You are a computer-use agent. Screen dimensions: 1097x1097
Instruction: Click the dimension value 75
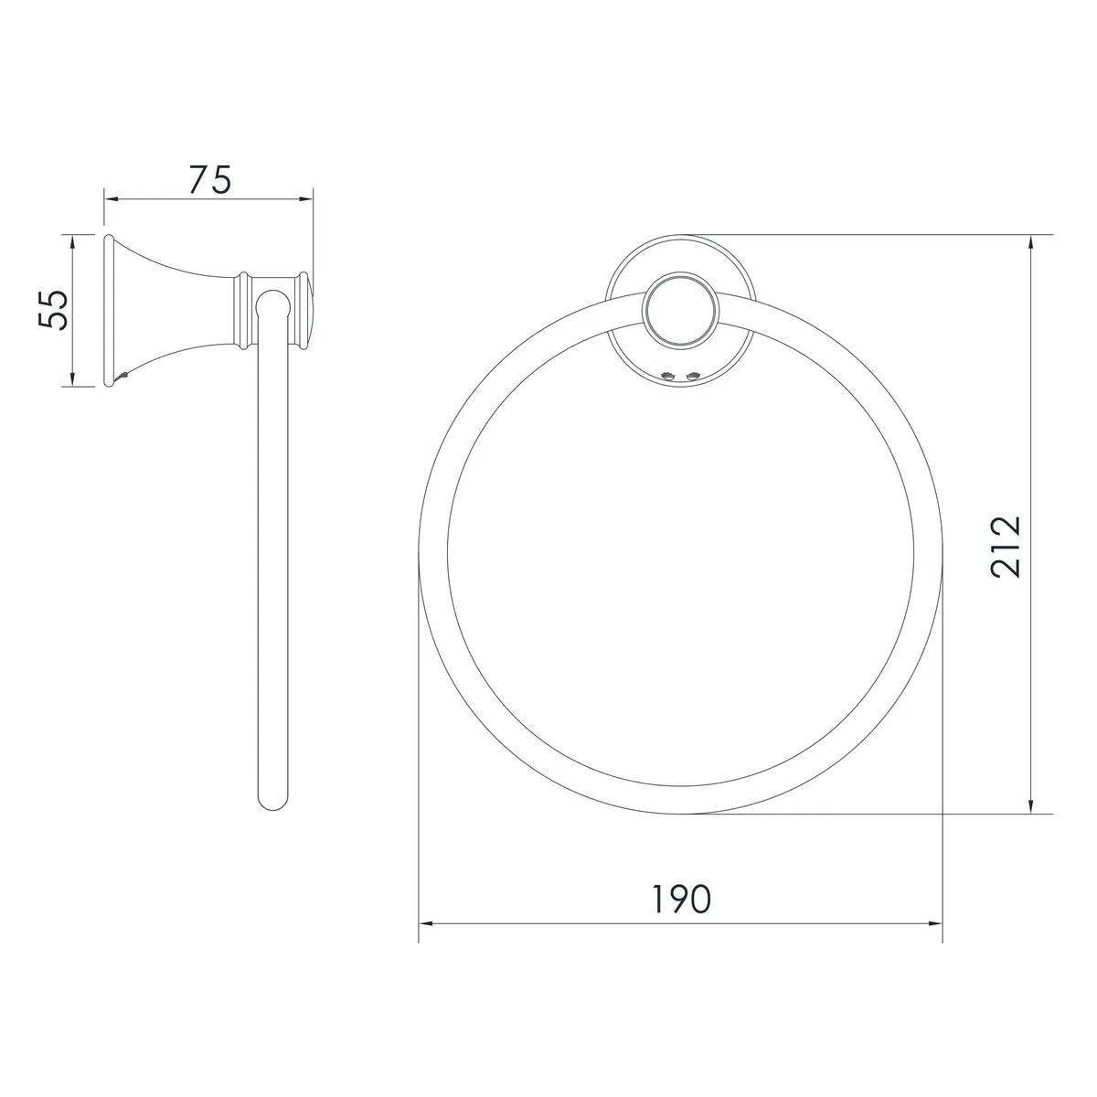210,180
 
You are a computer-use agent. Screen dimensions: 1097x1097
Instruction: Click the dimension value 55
53,310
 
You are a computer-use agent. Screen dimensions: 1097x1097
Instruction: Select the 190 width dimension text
680,899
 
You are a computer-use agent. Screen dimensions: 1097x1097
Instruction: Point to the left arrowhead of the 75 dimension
111,199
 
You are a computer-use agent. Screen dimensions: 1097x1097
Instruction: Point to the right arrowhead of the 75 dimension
306,199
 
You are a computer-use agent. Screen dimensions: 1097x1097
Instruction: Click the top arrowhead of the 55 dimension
72,242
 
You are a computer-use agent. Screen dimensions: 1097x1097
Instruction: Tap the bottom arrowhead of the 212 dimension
1030,805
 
